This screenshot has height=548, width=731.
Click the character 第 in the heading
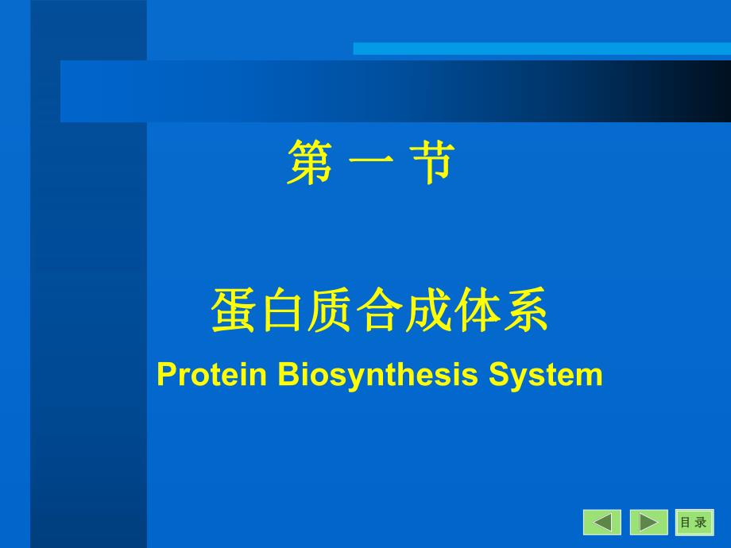[309, 163]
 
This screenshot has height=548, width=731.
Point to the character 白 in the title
[281, 311]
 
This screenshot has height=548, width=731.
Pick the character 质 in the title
[331, 311]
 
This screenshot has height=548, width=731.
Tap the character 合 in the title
[379, 311]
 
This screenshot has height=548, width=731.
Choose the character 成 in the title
[427, 311]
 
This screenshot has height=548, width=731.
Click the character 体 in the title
[475, 311]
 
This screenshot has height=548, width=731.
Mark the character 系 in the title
[524, 311]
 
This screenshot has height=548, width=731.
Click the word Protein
[211, 374]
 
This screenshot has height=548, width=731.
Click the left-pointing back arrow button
[602, 522]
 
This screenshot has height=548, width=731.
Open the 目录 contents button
[694, 522]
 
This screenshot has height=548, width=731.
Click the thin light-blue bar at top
[541, 48]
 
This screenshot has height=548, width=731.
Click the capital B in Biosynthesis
[287, 374]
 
